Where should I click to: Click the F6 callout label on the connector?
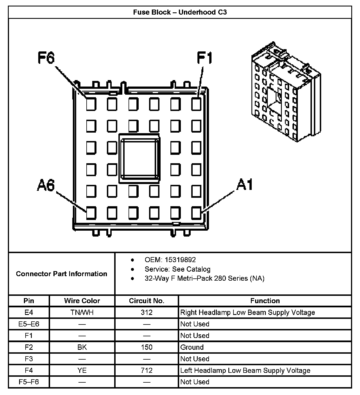[46, 58]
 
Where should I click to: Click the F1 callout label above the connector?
[204, 58]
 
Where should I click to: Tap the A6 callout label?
[46, 185]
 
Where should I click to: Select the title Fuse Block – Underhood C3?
[180, 12]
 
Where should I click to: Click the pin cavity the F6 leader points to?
[91, 104]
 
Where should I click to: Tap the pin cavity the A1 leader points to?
[196, 213]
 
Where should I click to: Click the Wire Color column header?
[82, 301]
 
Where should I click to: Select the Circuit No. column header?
[147, 301]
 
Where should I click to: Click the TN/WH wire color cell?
[82, 312]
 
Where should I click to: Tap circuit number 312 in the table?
[147, 312]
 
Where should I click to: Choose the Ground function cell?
[192, 347]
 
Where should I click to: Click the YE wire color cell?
[82, 371]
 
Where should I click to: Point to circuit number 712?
[147, 371]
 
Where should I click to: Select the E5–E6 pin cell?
[29, 324]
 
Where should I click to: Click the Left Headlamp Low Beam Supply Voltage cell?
[245, 371]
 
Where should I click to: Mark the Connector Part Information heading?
[61, 274]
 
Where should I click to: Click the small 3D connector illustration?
[285, 93]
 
